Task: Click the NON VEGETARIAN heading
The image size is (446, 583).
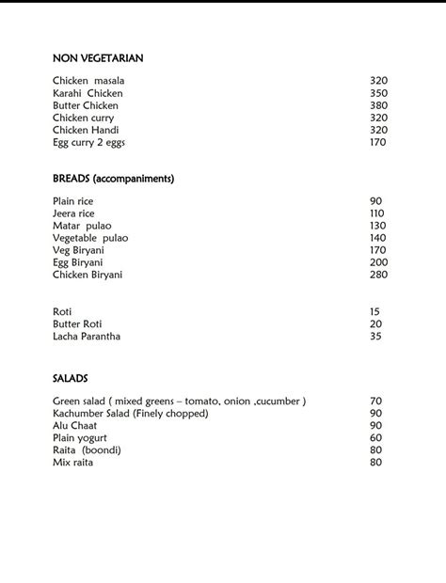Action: (x=98, y=58)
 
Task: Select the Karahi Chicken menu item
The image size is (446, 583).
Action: (x=88, y=93)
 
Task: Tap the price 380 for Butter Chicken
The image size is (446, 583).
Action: (x=378, y=105)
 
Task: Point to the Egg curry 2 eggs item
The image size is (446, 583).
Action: (x=88, y=142)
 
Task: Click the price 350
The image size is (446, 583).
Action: (x=378, y=93)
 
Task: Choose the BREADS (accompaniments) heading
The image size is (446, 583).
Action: (x=114, y=178)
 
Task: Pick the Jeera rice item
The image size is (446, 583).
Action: (x=73, y=213)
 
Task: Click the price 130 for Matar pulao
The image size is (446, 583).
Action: (x=377, y=226)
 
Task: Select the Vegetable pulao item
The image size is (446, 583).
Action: (x=90, y=238)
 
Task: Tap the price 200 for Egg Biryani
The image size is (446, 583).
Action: (x=378, y=262)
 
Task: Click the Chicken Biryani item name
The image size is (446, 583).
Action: (x=88, y=275)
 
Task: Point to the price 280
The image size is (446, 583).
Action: (x=378, y=275)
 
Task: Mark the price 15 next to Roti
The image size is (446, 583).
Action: (x=374, y=311)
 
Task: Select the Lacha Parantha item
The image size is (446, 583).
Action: (x=87, y=336)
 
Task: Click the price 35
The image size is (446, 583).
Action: (x=375, y=336)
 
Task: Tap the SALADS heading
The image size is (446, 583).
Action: (x=71, y=378)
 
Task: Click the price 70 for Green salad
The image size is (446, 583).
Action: (x=375, y=402)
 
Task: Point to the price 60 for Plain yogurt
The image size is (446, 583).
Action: (x=375, y=438)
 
